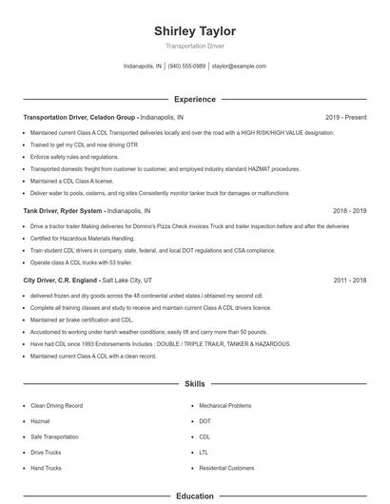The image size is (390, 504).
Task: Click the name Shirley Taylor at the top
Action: pyautogui.click(x=194, y=31)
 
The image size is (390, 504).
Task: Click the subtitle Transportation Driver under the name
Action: pyautogui.click(x=194, y=46)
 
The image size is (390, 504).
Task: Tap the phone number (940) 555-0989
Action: pyautogui.click(x=187, y=67)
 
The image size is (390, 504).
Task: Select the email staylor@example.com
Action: pyautogui.click(x=239, y=67)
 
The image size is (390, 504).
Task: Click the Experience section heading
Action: pyautogui.click(x=194, y=99)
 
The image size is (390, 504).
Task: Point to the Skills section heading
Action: pyautogui.click(x=194, y=384)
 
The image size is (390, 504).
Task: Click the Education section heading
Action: pyautogui.click(x=194, y=495)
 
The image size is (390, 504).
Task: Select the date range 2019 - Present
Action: pyautogui.click(x=346, y=117)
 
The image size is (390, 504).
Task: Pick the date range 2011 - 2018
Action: pyautogui.click(x=350, y=281)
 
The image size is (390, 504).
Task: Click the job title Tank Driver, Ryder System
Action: pyautogui.click(x=62, y=210)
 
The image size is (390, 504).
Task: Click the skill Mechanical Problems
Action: pyautogui.click(x=225, y=405)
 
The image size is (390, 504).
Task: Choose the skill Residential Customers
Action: pyautogui.click(x=226, y=468)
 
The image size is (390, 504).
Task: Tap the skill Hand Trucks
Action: pyautogui.click(x=47, y=468)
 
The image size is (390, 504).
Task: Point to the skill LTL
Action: pyautogui.click(x=205, y=453)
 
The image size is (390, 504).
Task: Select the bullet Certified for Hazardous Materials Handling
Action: pyautogui.click(x=83, y=238)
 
